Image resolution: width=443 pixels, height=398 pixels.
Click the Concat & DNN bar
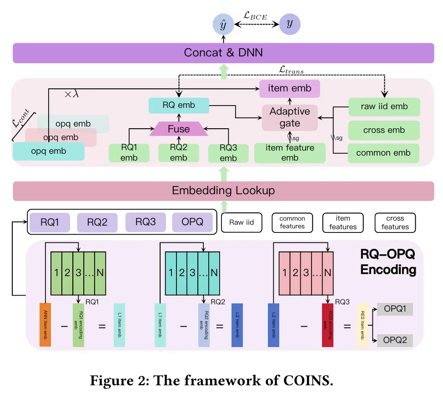tap(223, 53)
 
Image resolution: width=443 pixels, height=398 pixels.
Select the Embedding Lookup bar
tap(223, 191)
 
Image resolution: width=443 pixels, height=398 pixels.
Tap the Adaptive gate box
tap(290, 117)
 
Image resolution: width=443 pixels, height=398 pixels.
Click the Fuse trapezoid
tap(178, 129)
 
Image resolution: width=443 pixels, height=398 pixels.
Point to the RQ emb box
tap(178, 106)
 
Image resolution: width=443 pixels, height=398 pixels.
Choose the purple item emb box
tap(290, 88)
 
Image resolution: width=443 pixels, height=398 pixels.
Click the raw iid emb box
tap(384, 107)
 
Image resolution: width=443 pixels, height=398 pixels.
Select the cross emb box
tap(384, 130)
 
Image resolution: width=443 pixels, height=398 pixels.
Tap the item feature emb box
tap(290, 153)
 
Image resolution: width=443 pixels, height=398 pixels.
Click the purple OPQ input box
tap(192, 223)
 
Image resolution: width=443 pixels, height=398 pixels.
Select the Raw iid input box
tap(242, 223)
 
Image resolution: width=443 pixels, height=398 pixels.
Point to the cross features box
tap(395, 223)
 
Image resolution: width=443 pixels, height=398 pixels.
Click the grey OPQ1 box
tap(394, 309)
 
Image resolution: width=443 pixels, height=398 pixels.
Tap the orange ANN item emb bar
tap(45, 325)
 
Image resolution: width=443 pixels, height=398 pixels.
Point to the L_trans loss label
tap(291, 69)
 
